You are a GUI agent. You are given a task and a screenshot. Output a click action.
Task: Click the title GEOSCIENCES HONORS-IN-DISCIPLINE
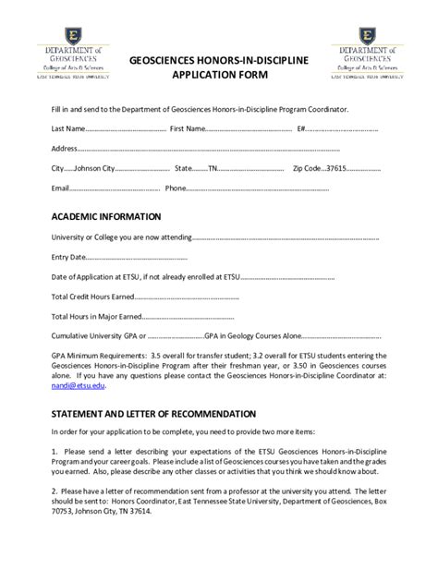[x=219, y=60]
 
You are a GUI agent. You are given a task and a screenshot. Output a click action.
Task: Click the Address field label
[x=64, y=149]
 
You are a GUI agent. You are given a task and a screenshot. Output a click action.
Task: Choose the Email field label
[x=61, y=188]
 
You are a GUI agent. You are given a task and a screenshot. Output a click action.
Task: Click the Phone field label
[x=176, y=188]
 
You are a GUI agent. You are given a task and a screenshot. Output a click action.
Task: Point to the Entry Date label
[x=68, y=257]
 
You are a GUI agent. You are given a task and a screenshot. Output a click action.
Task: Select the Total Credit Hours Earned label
[x=92, y=297]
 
